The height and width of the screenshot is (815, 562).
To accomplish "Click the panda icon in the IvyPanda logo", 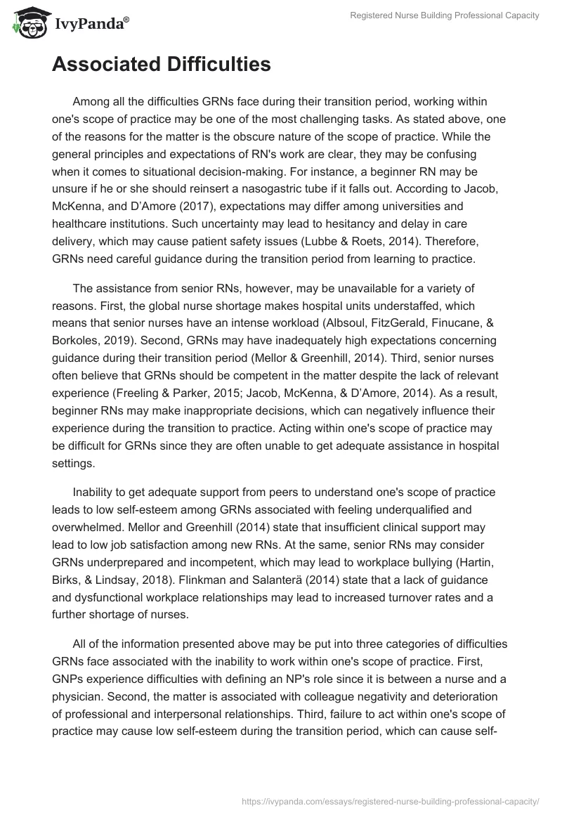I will pos(27,22).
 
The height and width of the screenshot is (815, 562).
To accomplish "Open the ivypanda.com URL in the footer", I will pos(390,800).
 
